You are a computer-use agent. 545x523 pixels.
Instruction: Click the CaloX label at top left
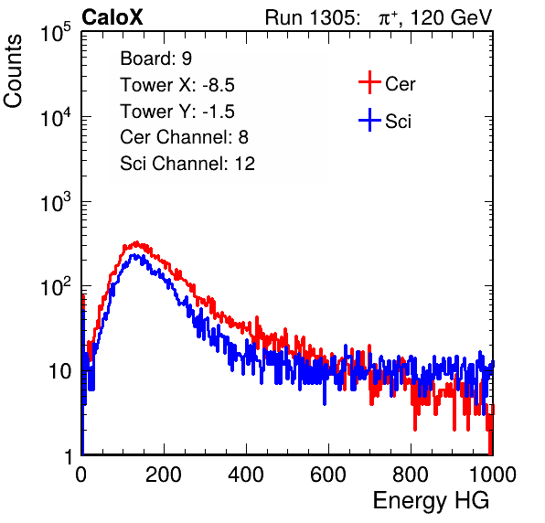tap(112, 17)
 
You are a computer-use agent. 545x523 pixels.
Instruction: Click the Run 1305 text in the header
tap(312, 17)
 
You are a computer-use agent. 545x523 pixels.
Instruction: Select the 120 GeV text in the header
tap(452, 17)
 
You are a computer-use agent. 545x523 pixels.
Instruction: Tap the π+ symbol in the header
tap(389, 17)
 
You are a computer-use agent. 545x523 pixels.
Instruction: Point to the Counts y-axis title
tap(13, 71)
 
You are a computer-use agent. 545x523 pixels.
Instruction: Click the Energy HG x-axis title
tap(431, 501)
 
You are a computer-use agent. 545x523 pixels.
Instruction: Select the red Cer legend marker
tap(369, 82)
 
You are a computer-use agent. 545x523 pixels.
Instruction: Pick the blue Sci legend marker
tap(369, 121)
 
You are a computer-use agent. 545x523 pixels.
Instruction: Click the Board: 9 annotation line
tap(156, 59)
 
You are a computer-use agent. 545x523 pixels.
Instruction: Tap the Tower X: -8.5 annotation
tap(177, 85)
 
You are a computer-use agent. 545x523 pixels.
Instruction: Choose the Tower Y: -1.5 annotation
tap(177, 112)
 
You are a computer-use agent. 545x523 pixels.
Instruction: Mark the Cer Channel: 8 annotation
tap(184, 137)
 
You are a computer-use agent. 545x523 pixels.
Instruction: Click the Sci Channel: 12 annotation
tap(187, 164)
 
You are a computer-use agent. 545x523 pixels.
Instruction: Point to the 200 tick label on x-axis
tap(164, 475)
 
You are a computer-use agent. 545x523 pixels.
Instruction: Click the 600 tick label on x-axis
tap(328, 475)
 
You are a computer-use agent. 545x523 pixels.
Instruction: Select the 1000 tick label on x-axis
tap(493, 475)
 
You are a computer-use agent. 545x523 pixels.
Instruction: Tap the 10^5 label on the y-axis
tap(56, 33)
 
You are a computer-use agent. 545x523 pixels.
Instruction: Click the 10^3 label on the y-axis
tap(56, 203)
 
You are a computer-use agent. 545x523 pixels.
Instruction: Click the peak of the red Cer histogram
tap(136, 242)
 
